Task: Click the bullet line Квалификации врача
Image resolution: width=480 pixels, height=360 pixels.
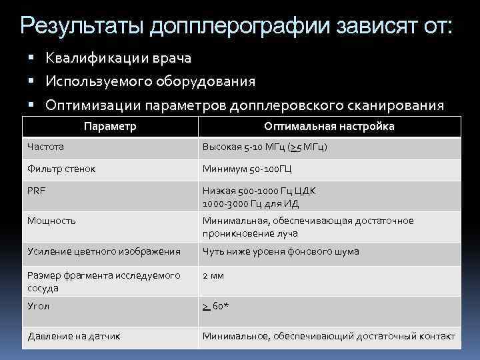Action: [x=119, y=59]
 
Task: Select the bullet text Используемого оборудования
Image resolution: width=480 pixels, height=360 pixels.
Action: [x=150, y=81]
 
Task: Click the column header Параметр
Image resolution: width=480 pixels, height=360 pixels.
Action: [x=111, y=126]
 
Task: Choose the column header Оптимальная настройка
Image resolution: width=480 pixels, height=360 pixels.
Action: [x=329, y=126]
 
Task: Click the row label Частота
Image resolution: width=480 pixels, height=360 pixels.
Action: [x=46, y=147]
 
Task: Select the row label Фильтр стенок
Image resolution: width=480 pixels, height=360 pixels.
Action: [x=61, y=169]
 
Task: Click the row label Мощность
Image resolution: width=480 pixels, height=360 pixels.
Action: [x=51, y=221]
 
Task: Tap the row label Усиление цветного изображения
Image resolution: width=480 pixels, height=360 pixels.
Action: [x=103, y=251]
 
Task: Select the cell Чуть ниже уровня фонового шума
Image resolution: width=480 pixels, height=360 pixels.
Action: [x=281, y=251]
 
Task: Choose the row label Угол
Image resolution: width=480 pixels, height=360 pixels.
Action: [x=39, y=306]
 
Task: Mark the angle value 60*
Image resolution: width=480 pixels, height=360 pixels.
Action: [x=216, y=306]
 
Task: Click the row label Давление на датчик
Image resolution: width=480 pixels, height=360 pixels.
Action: [x=74, y=336]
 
